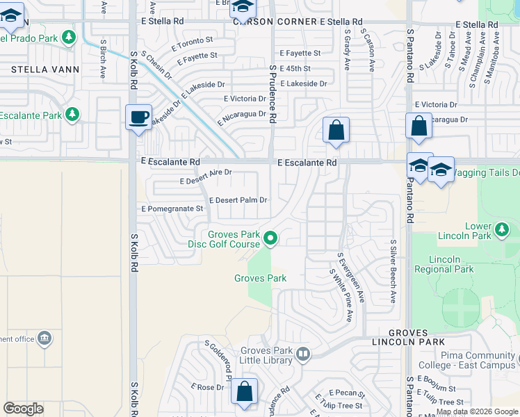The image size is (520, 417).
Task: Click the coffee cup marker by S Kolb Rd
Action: coord(139,117)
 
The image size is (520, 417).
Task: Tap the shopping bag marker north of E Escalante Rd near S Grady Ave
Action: coord(336,129)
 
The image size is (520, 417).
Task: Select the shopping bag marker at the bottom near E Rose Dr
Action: coord(245,391)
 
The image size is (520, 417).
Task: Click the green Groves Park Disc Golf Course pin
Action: coord(271,239)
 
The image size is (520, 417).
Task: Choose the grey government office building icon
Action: coord(44,338)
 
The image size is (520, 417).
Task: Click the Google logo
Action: coord(24,409)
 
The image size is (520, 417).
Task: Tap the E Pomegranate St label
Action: coord(172,208)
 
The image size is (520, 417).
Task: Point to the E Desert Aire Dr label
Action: coord(205,177)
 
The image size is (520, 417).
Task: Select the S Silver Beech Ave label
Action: coord(393,272)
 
